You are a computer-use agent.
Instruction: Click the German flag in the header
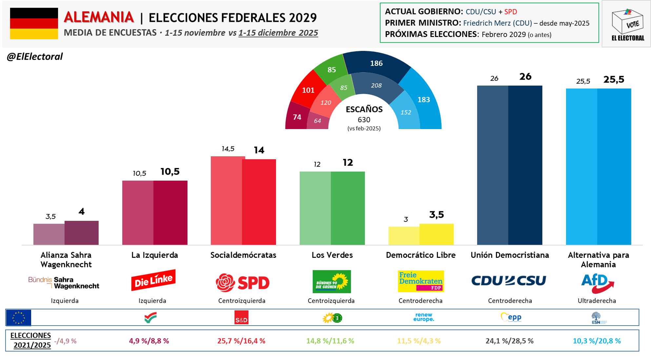pyautogui.click(x=34, y=24)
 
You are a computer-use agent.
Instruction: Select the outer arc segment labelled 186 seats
pyautogui.click(x=376, y=64)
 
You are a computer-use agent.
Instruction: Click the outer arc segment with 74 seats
pyautogui.click(x=297, y=117)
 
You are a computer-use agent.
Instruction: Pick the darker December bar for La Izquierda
pyautogui.click(x=170, y=213)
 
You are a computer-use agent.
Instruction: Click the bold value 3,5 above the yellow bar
pyautogui.click(x=437, y=215)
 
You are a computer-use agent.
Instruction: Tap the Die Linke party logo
pyautogui.click(x=153, y=280)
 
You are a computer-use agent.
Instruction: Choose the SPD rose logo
pyautogui.click(x=226, y=283)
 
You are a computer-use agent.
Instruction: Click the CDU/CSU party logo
pyautogui.click(x=509, y=281)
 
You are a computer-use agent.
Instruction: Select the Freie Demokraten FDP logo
pyautogui.click(x=421, y=281)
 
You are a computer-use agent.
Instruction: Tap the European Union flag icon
pyautogui.click(x=19, y=318)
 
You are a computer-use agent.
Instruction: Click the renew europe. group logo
pyautogui.click(x=424, y=317)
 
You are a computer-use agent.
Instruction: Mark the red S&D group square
pyautogui.click(x=241, y=318)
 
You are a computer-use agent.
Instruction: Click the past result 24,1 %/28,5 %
pyautogui.click(x=509, y=341)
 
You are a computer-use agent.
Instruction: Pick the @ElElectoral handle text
pyautogui.click(x=35, y=57)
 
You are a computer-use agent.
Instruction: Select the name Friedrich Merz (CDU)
pyautogui.click(x=497, y=23)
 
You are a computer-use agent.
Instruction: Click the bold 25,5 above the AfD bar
pyautogui.click(x=614, y=79)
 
